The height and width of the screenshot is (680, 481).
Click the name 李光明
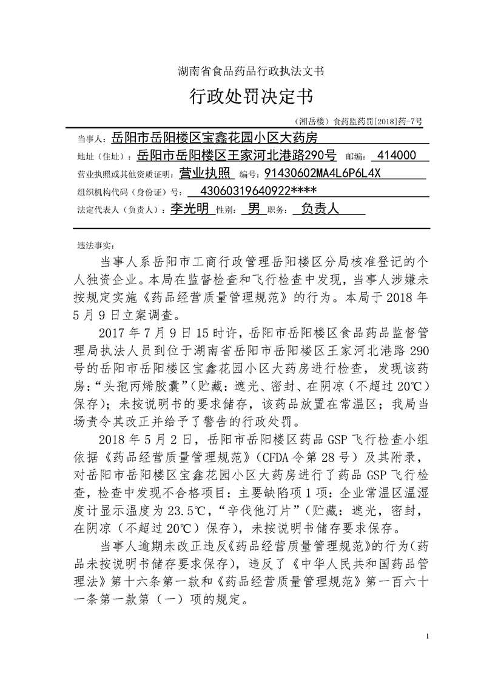pyautogui.click(x=189, y=209)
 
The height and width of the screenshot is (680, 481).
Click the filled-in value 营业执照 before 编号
pyautogui.click(x=206, y=174)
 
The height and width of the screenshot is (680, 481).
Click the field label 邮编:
pyautogui.click(x=355, y=157)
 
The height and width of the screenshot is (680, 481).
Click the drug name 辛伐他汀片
pyautogui.click(x=267, y=493)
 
